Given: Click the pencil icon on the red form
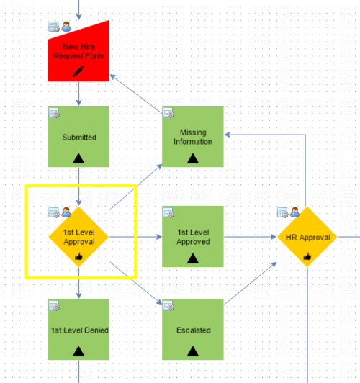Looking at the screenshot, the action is pyautogui.click(x=78, y=71).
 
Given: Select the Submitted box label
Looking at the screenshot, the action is pyautogui.click(x=79, y=138).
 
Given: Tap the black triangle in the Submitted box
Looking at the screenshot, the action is pyautogui.click(x=78, y=158).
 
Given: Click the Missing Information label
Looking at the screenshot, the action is pyautogui.click(x=193, y=137).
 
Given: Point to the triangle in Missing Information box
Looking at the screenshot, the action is pyautogui.click(x=193, y=158).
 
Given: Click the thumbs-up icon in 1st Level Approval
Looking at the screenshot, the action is pyautogui.click(x=78, y=256).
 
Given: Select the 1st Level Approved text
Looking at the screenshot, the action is pyautogui.click(x=193, y=237).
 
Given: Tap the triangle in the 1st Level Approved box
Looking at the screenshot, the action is pyautogui.click(x=193, y=258).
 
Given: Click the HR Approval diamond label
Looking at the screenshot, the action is pyautogui.click(x=308, y=238).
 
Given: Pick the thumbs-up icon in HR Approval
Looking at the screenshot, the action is pyautogui.click(x=307, y=256).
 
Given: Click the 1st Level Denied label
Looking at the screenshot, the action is pyautogui.click(x=80, y=330).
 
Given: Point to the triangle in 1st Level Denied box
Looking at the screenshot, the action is pyautogui.click(x=78, y=351).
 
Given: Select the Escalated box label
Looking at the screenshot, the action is pyautogui.click(x=194, y=330).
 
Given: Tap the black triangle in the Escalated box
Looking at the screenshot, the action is pyautogui.click(x=193, y=351).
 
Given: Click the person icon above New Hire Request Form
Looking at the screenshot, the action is pyautogui.click(x=66, y=27).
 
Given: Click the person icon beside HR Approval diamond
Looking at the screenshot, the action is pyautogui.click(x=295, y=212).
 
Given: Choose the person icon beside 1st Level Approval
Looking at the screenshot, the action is pyautogui.click(x=66, y=212).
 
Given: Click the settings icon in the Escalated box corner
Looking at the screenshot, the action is pyautogui.click(x=168, y=305).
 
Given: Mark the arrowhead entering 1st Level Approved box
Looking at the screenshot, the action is pyautogui.click(x=159, y=237).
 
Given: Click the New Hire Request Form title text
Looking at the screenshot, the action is pyautogui.click(x=78, y=51).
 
